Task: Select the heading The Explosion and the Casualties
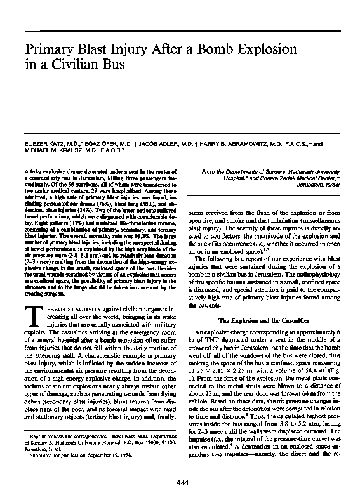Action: (x=260, y=320)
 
